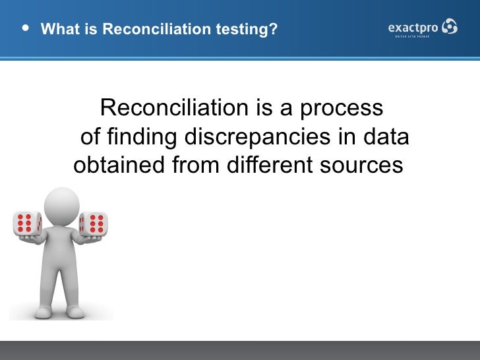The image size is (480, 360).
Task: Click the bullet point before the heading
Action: pos(25,29)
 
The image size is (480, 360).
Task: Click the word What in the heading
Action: pos(57,30)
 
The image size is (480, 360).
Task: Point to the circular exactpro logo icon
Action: pos(449,26)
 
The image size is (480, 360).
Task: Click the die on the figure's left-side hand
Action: pos(27,224)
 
